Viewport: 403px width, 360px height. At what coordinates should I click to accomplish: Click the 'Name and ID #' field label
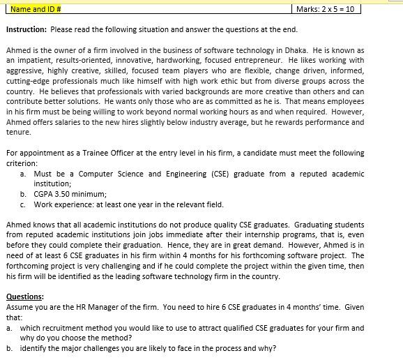36,9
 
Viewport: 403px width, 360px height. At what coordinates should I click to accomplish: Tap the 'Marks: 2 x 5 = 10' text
325,9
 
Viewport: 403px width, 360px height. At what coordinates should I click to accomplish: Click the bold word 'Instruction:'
26,30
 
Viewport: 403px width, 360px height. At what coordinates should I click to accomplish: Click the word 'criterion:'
22,163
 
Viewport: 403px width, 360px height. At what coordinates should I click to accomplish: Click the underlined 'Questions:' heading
25,297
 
